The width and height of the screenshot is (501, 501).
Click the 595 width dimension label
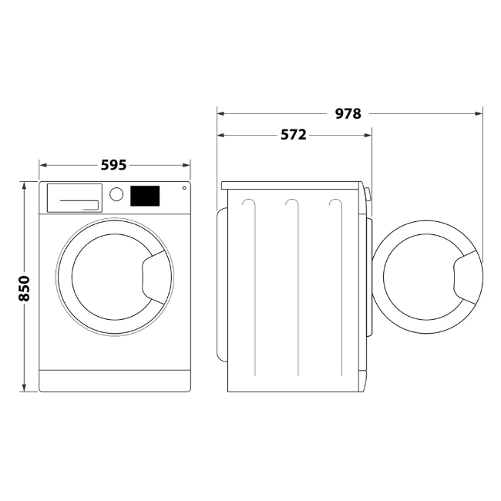click(113, 164)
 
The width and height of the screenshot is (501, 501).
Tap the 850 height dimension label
click(24, 287)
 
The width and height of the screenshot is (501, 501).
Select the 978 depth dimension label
click(348, 113)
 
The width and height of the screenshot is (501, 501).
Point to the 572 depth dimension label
click(293, 135)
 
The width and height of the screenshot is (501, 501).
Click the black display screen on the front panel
click(144, 196)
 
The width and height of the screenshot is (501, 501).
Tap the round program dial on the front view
click(116, 194)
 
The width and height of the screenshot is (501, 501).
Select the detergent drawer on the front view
click(75, 197)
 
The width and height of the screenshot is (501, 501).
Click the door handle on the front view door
click(156, 275)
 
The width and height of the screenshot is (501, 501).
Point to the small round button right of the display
click(184, 188)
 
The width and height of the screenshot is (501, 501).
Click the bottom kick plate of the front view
click(114, 380)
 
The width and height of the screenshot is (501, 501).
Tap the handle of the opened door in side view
click(468, 276)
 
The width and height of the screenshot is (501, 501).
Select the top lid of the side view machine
click(293, 186)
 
